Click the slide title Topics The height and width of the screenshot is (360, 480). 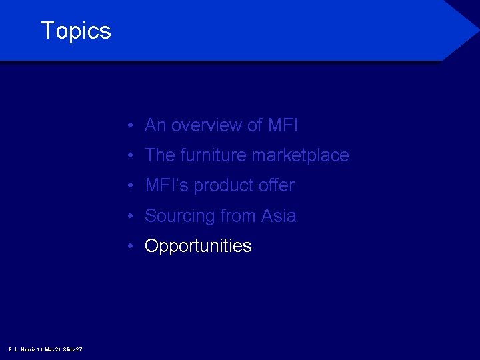[76, 31]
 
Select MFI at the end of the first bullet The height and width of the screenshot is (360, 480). [283, 125]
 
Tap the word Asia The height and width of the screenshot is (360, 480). [279, 216]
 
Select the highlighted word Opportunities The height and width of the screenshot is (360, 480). [198, 247]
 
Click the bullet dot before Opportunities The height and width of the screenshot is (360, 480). [134, 247]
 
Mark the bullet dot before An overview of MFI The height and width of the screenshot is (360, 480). [134, 126]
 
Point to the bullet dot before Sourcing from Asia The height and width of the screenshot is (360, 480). [134, 217]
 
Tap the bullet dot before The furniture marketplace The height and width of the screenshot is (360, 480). [134, 156]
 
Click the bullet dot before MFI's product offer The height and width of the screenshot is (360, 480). [134, 186]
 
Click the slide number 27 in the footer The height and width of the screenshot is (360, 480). [79, 349]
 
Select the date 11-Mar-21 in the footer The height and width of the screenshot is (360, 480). [49, 349]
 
